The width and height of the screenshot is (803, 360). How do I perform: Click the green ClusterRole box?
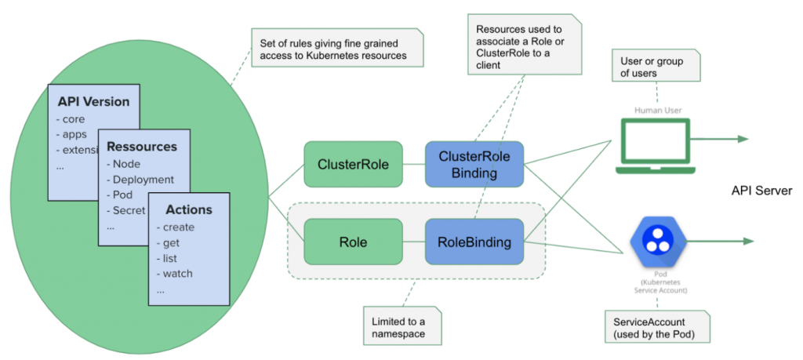pos(353,164)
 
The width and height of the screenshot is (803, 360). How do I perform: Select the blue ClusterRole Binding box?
pos(474,164)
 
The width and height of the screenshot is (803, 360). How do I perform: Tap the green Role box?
pos(353,242)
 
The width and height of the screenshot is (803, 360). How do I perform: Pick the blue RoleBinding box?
pos(474,242)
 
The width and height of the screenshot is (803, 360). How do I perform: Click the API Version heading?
pos(93,102)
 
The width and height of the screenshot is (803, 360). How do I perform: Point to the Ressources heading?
pos(142,147)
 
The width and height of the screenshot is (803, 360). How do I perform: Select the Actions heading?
pos(189,210)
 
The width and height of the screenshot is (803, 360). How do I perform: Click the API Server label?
pos(761,191)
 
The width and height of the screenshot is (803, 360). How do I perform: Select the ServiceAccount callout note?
pos(656,329)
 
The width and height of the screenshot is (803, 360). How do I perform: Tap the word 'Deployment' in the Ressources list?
pos(144,180)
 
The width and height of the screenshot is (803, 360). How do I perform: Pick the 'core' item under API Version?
pos(74,119)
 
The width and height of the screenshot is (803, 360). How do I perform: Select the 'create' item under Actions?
pos(179,227)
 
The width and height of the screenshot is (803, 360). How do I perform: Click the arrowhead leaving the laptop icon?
pos(743,139)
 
